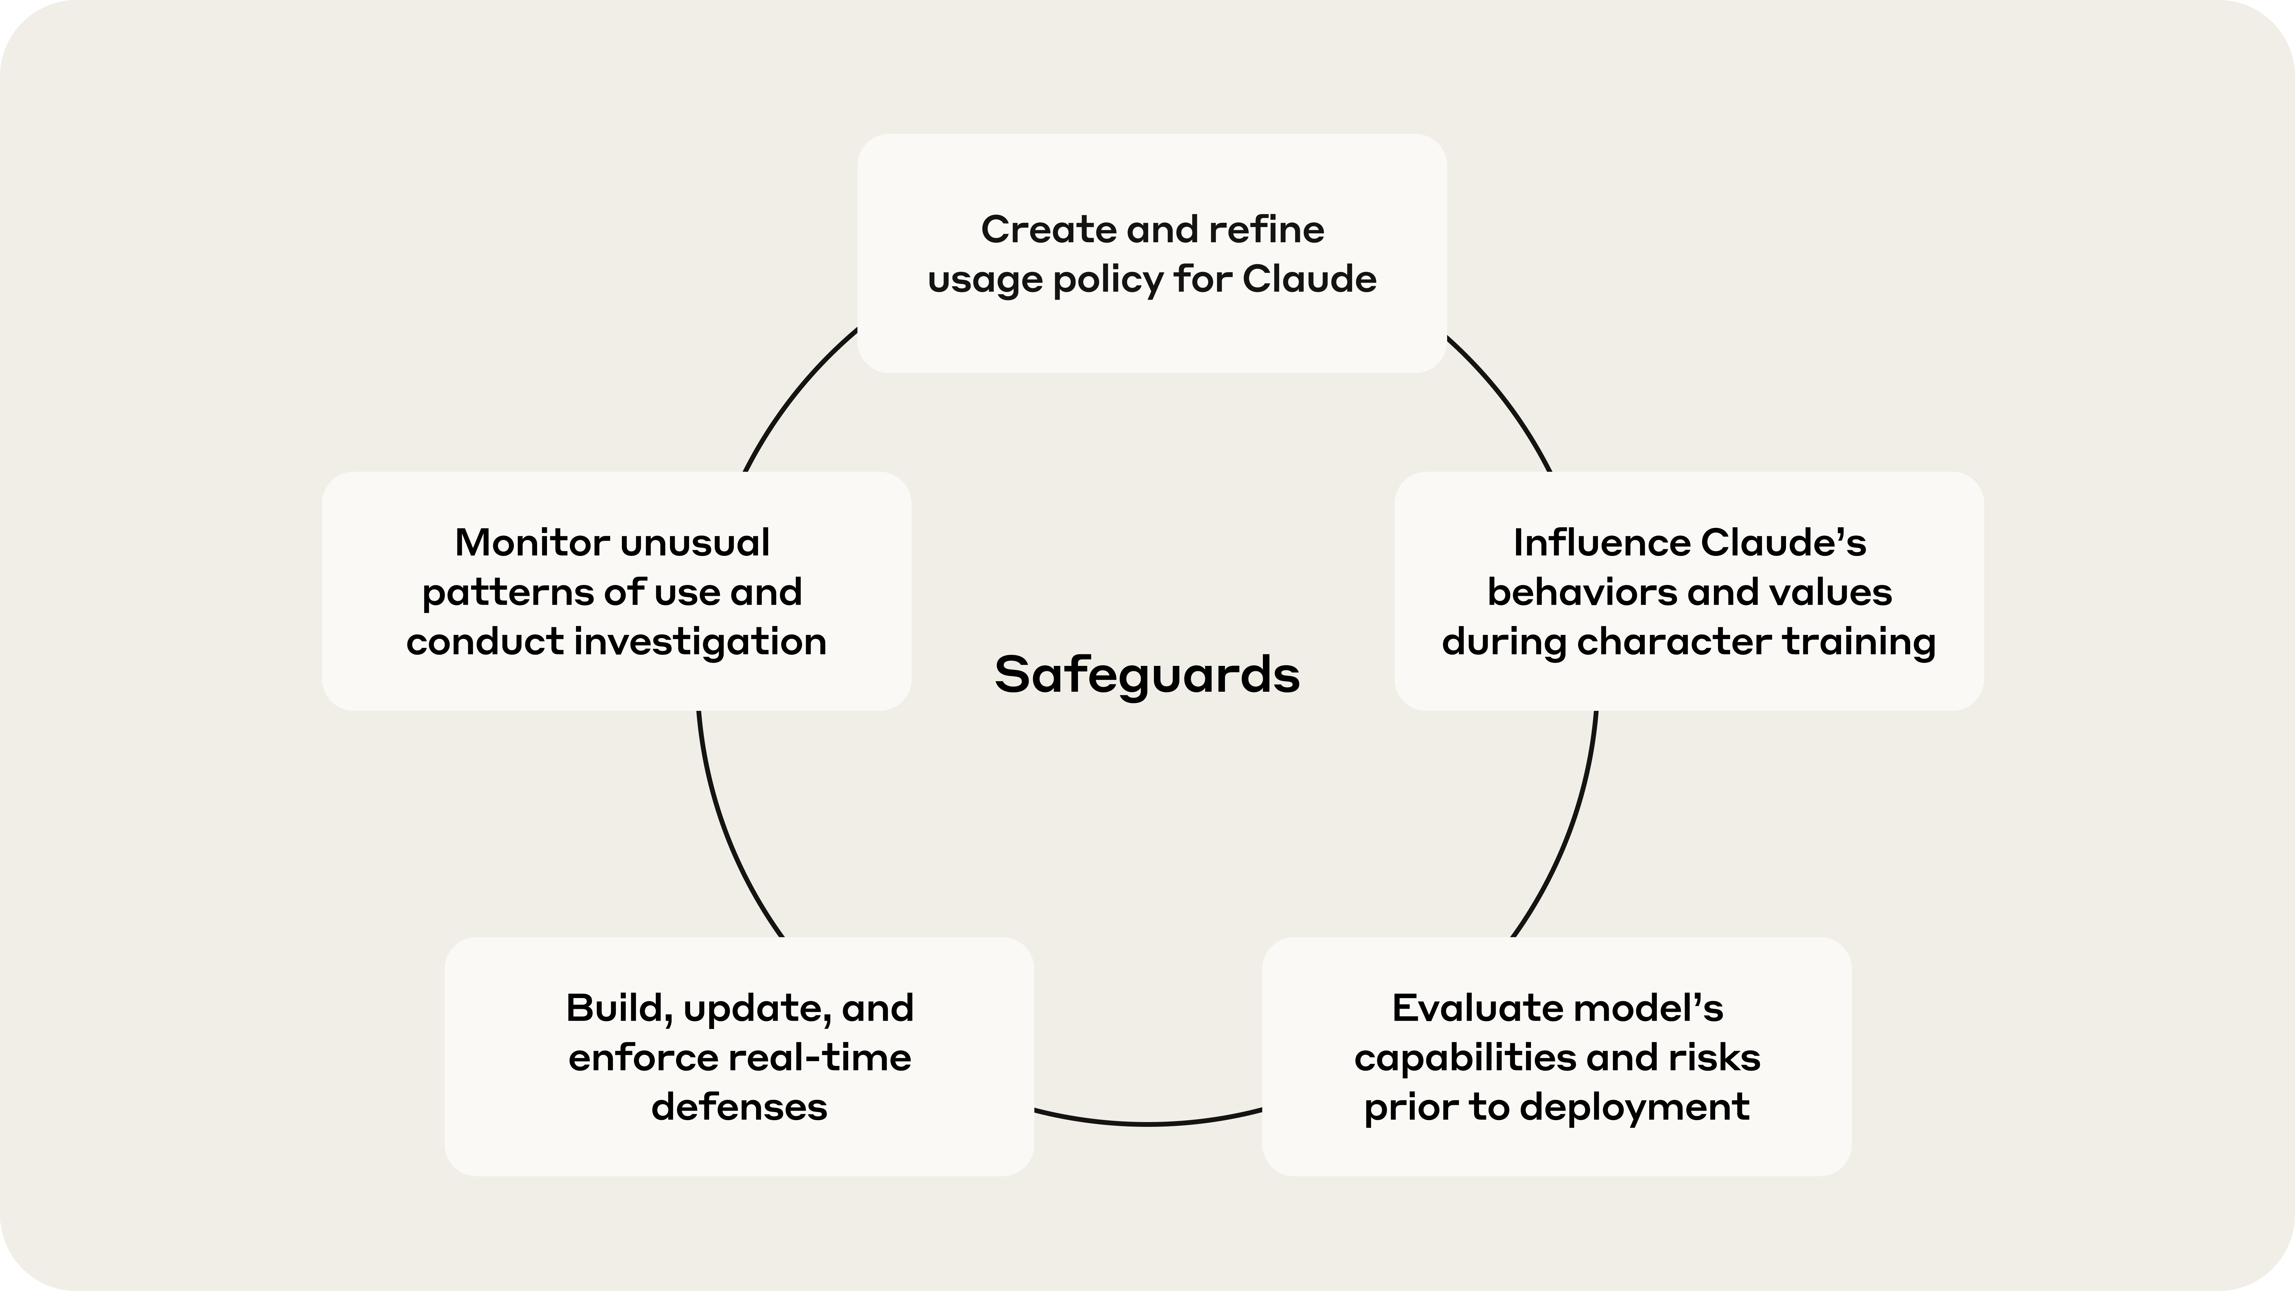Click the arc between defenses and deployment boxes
pyautogui.click(x=1147, y=1124)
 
